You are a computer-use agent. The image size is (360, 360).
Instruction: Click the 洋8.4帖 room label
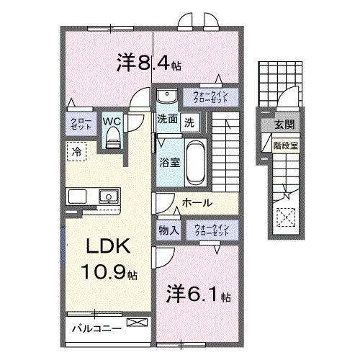tap(147, 63)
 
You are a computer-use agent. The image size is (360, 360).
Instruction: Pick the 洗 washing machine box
tap(189, 121)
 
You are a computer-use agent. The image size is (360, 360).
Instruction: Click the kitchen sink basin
tap(109, 196)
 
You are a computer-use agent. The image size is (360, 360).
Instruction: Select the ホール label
tap(195, 204)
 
